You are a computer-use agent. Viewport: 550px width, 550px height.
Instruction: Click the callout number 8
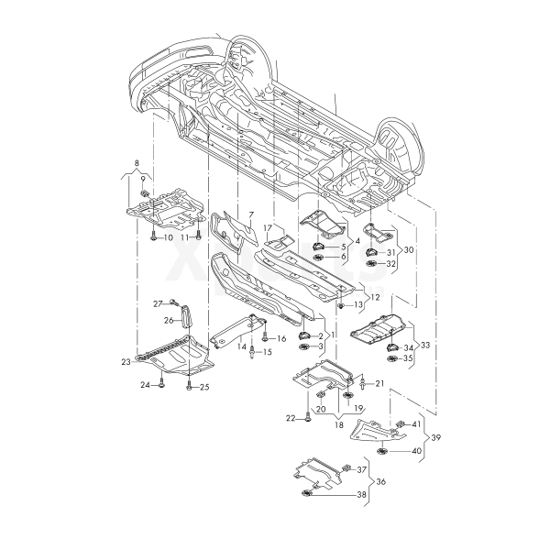point(137,163)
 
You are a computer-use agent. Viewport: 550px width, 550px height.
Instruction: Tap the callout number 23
point(126,363)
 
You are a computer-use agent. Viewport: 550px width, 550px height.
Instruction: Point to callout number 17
point(269,227)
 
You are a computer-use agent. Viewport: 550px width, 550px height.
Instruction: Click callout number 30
point(409,249)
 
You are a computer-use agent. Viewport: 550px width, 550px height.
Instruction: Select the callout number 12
point(374,298)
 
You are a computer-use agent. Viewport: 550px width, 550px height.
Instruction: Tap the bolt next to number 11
point(198,236)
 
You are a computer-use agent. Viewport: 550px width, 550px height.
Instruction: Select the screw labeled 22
point(308,418)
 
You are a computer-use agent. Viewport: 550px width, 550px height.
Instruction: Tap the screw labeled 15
point(252,352)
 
